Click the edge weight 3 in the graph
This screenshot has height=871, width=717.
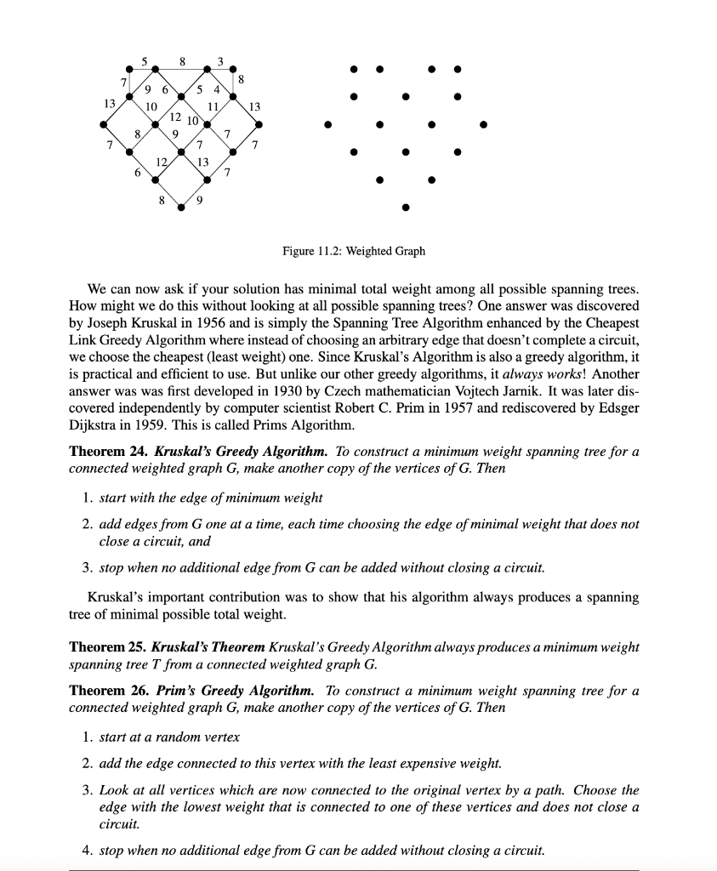(x=220, y=61)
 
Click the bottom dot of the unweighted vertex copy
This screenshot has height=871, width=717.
(x=406, y=207)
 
